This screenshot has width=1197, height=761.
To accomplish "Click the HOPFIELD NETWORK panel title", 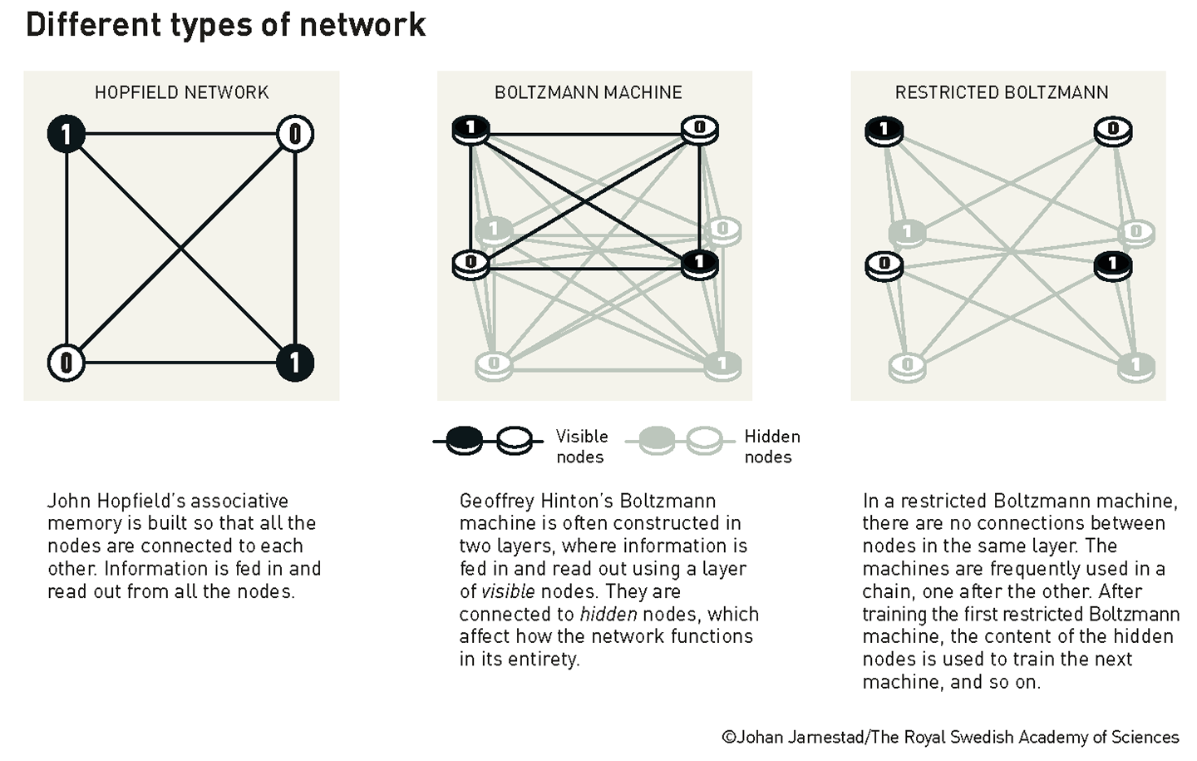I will pyautogui.click(x=181, y=92).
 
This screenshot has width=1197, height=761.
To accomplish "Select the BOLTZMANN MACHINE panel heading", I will pyautogui.click(x=588, y=92).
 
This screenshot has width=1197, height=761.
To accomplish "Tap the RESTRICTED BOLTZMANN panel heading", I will pyautogui.click(x=1001, y=92).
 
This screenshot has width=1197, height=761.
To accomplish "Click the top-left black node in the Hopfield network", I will pyautogui.click(x=66, y=134).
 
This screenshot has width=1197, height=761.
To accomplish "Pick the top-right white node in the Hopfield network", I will pyautogui.click(x=295, y=134).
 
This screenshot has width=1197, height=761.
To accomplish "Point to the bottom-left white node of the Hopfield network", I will pyautogui.click(x=66, y=363).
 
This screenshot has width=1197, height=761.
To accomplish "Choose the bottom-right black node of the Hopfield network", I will pyautogui.click(x=295, y=363).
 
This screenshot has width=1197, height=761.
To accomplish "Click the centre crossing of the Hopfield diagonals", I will pyautogui.click(x=181, y=248).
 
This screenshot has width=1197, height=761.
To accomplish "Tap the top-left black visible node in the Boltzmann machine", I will pyautogui.click(x=470, y=130).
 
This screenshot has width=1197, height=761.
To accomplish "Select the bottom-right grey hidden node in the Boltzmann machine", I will pyautogui.click(x=722, y=364).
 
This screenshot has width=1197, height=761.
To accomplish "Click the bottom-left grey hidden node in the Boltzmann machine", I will pyautogui.click(x=494, y=364).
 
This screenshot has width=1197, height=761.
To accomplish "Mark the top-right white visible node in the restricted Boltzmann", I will pyautogui.click(x=1113, y=130).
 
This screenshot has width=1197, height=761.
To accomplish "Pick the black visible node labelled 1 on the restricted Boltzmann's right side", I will pyautogui.click(x=1113, y=265).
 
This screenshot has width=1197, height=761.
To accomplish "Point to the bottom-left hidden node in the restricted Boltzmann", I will pyautogui.click(x=907, y=365).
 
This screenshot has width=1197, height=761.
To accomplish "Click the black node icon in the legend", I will pyautogui.click(x=464, y=440).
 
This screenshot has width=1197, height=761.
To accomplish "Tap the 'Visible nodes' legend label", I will pyautogui.click(x=581, y=447).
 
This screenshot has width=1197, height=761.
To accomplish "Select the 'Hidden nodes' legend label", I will pyautogui.click(x=771, y=447).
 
